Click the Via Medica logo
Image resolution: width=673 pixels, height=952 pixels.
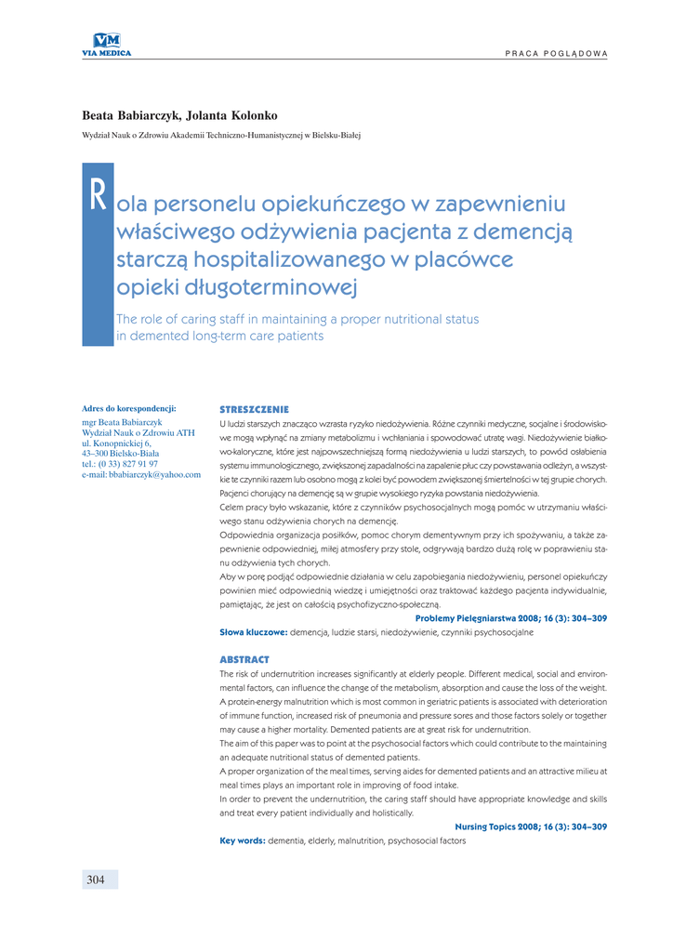pyautogui.click(x=107, y=44)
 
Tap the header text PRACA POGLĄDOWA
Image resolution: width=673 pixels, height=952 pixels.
pyautogui.click(x=556, y=53)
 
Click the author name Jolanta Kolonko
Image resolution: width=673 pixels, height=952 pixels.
pyautogui.click(x=232, y=115)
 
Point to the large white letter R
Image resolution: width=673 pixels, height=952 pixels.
pyautogui.click(x=98, y=195)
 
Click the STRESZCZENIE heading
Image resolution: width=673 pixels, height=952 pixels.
pyautogui.click(x=254, y=409)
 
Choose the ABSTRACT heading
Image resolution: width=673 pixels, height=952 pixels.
pyautogui.click(x=244, y=659)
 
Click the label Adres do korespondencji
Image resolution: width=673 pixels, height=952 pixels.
pyautogui.click(x=129, y=408)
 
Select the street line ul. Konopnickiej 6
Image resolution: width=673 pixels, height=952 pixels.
pyautogui.click(x=116, y=443)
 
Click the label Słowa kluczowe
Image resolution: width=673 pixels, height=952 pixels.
pyautogui.click(x=253, y=632)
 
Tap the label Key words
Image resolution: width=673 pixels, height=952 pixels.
pyautogui.click(x=242, y=840)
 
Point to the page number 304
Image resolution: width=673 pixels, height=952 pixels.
pyautogui.click(x=96, y=879)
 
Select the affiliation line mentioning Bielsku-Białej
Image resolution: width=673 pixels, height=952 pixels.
pyautogui.click(x=221, y=136)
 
